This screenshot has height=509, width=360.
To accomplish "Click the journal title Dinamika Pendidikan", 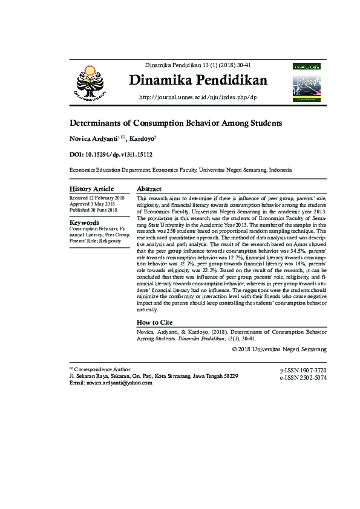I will click(198, 80).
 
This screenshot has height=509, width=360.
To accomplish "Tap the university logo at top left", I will click(90, 82).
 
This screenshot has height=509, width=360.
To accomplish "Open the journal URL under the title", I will click(198, 97).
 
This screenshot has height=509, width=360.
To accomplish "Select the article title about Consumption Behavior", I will click(175, 123).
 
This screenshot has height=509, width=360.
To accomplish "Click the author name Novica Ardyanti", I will click(94, 139).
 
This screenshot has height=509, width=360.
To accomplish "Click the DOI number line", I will click(111, 155).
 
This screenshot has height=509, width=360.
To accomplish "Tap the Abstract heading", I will click(149, 189).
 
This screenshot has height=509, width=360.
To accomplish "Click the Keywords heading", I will click(84, 222).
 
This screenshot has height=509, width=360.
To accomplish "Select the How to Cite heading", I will click(155, 322).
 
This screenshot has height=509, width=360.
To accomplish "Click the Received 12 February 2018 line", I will click(97, 198).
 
